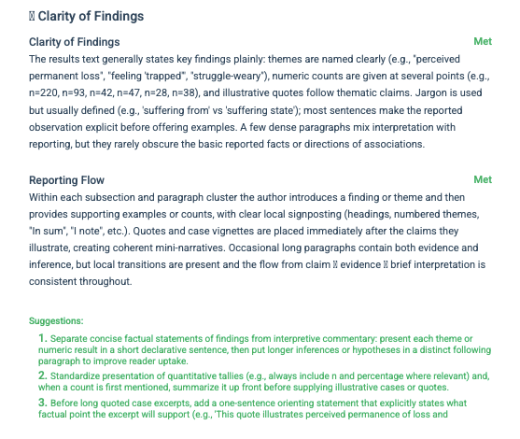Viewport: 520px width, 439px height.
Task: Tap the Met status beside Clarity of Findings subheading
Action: pos(483,43)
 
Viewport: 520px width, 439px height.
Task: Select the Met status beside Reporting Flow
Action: pos(483,180)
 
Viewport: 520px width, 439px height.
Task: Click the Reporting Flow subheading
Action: pos(66,180)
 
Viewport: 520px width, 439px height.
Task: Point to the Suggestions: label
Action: pos(57,319)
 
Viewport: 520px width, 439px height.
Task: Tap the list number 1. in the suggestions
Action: pos(43,336)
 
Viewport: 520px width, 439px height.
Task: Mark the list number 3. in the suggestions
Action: pos(43,402)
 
